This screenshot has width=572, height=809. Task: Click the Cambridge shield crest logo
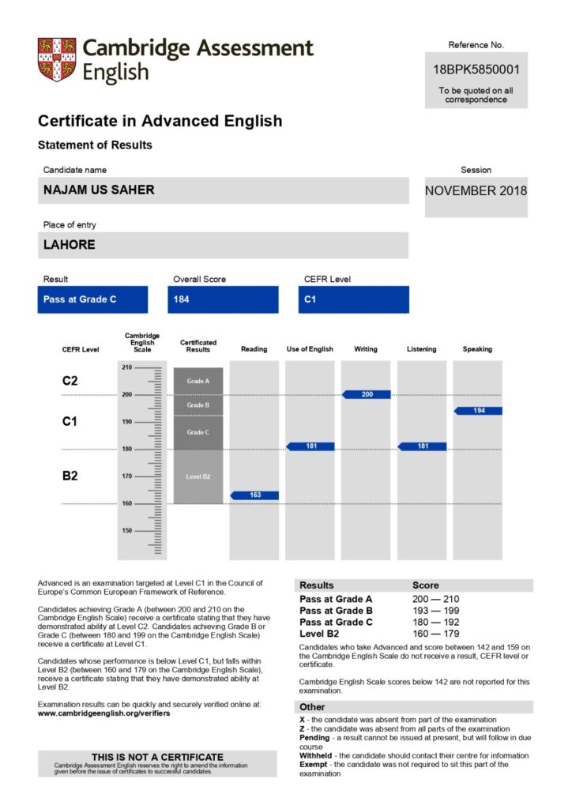pos(57,59)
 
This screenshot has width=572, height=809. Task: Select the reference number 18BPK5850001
pos(476,70)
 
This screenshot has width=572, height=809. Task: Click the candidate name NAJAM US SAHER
pos(99,190)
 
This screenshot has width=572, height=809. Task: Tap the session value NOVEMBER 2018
pos(476,190)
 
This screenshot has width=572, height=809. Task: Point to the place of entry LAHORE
pos(70,245)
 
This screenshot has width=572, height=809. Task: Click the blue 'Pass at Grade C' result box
pos(81,299)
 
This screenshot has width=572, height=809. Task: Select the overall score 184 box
pos(223,299)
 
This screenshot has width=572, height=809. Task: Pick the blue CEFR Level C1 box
pos(354,299)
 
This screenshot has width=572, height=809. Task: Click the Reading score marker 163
pos(255,495)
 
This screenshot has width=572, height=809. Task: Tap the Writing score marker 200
pos(367,393)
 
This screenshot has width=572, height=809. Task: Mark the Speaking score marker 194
pos(479,411)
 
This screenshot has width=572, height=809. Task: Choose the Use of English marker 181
pos(310,446)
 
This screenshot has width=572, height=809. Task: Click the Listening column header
pos(421,349)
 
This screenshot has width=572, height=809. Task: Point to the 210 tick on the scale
pos(126,367)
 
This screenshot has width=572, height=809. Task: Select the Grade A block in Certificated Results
pos(198,381)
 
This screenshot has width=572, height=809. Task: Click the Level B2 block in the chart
pos(198,476)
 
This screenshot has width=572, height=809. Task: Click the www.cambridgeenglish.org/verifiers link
pos(103,713)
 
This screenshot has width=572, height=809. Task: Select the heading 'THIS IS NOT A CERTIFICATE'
pos(157,757)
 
